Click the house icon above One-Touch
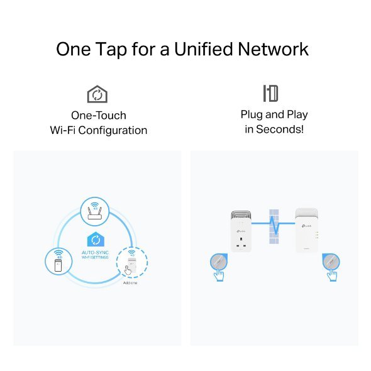pyautogui.click(x=97, y=94)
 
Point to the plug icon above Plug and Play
pyautogui.click(x=270, y=94)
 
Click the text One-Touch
pyautogui.click(x=98, y=116)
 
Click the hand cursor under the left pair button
pyautogui.click(x=219, y=275)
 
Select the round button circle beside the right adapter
pyautogui.click(x=331, y=260)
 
